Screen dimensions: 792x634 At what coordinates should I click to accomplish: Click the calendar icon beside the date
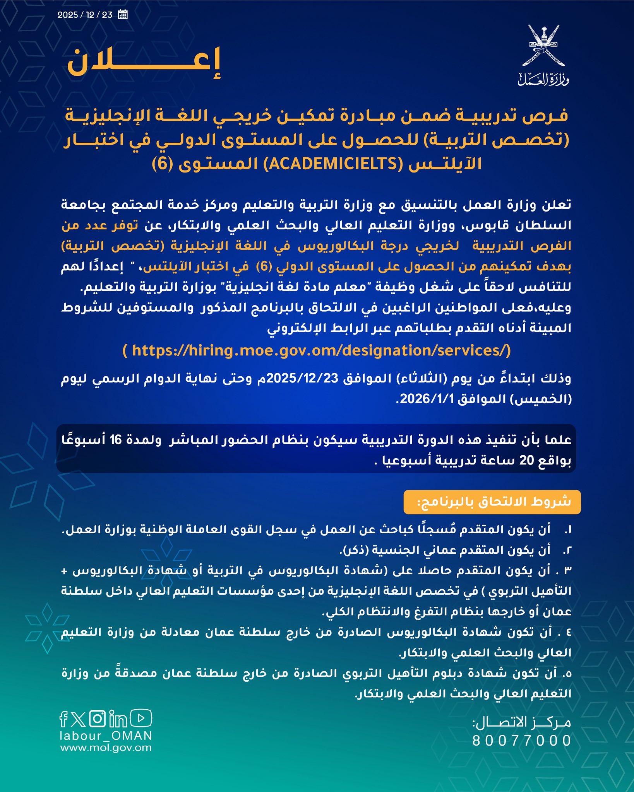tap(123, 15)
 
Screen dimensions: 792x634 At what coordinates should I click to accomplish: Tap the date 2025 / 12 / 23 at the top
tap(85, 15)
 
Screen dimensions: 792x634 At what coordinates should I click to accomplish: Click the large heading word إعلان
tap(144, 63)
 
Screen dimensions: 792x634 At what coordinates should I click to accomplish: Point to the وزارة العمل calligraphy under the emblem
tap(543, 79)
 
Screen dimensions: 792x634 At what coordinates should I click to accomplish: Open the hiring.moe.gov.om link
tap(317, 351)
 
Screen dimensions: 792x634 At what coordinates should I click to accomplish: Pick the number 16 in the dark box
tap(116, 440)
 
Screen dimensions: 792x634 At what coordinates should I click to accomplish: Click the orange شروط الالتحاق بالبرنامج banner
tap(492, 502)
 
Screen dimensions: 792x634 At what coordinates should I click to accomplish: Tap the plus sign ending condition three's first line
tap(64, 571)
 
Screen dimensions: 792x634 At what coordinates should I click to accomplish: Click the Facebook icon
tap(64, 719)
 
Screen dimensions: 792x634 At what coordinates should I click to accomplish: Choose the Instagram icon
tap(98, 719)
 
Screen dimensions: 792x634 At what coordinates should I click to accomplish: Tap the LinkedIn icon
tap(118, 719)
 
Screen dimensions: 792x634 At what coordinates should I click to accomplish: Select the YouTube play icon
tap(141, 719)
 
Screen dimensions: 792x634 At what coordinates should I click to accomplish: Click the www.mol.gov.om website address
tap(106, 748)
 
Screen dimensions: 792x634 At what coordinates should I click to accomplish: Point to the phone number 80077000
tap(521, 741)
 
